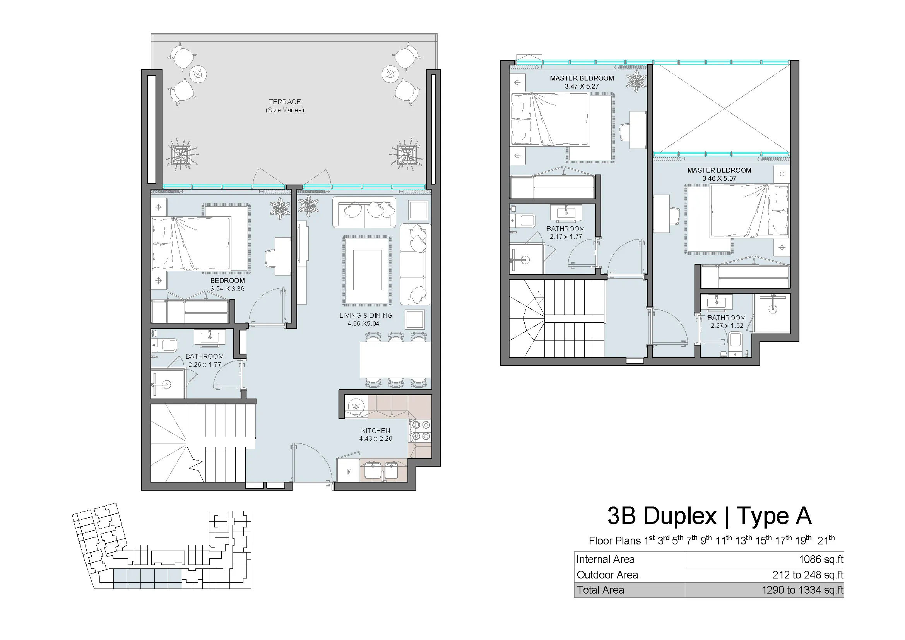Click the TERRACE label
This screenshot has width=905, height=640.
[x=285, y=102]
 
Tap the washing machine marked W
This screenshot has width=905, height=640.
[x=356, y=406]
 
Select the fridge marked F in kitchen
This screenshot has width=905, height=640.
[x=349, y=471]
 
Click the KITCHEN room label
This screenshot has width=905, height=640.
[x=376, y=431]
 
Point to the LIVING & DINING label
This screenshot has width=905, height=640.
[x=366, y=315]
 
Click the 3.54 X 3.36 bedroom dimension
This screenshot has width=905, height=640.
[x=228, y=289]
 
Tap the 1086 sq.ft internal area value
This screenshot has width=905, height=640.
[x=821, y=559]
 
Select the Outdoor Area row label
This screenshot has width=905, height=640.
[x=607, y=575]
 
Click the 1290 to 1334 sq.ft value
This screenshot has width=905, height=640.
[x=803, y=590]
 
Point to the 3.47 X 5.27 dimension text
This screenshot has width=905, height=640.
[x=582, y=86]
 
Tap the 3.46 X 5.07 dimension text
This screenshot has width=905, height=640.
[x=719, y=178]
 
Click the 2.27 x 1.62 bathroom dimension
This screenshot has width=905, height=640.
[x=727, y=325]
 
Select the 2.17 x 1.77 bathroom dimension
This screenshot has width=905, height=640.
[x=566, y=236]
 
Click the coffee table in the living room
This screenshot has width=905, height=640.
[x=367, y=270]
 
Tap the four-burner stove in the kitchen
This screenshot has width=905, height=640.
[x=421, y=431]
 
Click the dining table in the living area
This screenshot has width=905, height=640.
[x=396, y=360]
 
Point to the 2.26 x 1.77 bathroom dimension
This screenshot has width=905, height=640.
[x=205, y=364]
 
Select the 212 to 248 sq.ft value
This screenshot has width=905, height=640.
[x=808, y=575]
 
